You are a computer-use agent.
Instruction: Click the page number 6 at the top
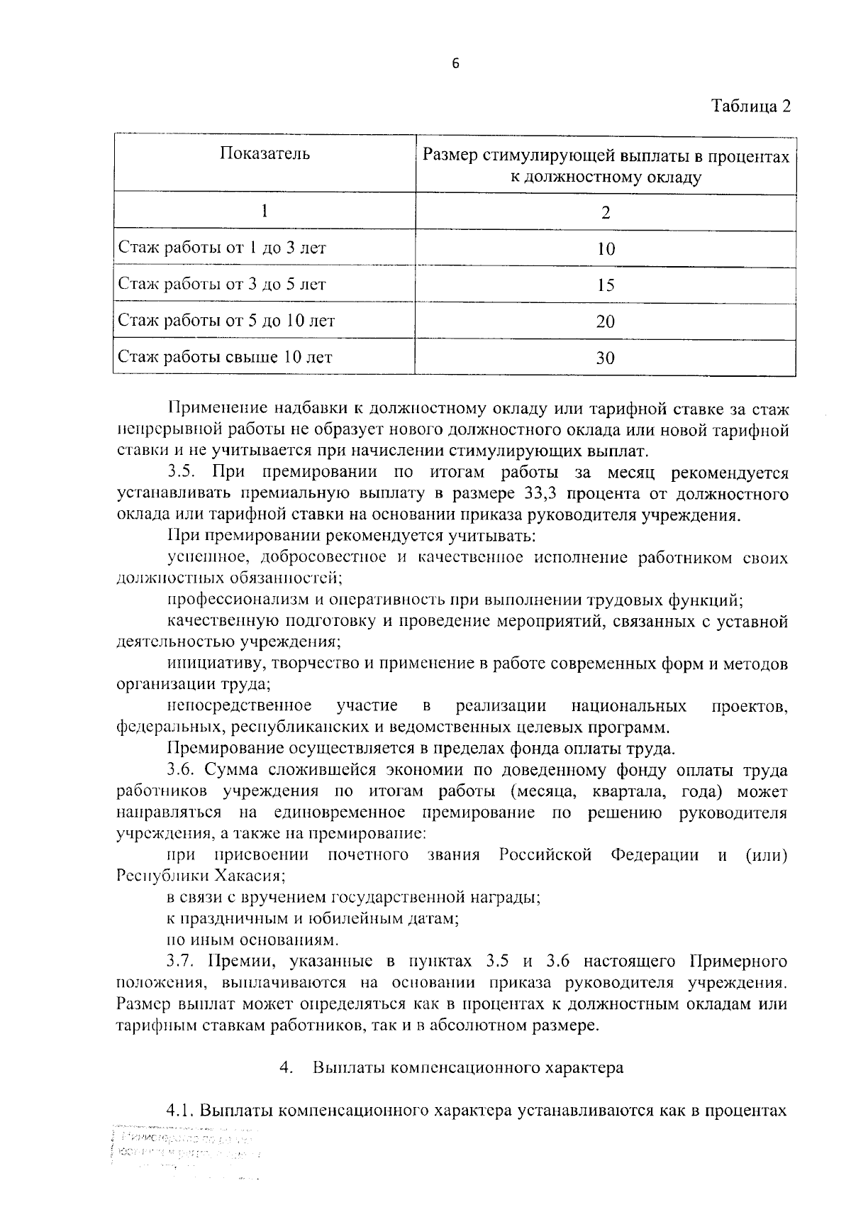[x=455, y=64]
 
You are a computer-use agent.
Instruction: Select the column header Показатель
[x=265, y=154]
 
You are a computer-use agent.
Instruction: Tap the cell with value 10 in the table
[x=606, y=249]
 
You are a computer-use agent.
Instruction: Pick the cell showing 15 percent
[x=606, y=285]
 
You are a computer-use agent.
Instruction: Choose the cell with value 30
[x=606, y=358]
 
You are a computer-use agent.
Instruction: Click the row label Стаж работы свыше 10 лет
[x=225, y=357]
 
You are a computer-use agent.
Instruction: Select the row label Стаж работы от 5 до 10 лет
[x=226, y=321]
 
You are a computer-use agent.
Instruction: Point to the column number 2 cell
[x=606, y=213]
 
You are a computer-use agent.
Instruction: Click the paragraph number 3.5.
[x=181, y=473]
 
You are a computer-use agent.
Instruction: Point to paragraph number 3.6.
[x=181, y=770]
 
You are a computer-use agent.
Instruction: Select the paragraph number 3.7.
[x=181, y=962]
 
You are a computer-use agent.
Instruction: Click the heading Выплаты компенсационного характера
[x=468, y=1067]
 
